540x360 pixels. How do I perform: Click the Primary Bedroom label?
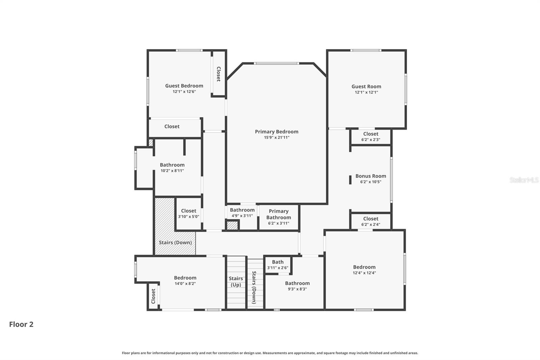point(276,132)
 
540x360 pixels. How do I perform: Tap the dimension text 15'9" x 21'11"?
point(276,137)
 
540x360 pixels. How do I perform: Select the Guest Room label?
point(366,86)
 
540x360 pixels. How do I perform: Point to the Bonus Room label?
point(371,176)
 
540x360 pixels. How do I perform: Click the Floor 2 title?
point(21,324)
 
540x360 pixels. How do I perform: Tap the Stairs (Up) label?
point(236,281)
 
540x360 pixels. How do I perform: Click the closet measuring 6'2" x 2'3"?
point(371,136)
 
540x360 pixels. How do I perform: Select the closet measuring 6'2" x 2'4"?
point(371,221)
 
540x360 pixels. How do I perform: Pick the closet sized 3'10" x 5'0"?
point(188,213)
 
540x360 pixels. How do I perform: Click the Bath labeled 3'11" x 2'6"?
point(278,264)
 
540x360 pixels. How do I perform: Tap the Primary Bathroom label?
point(278,214)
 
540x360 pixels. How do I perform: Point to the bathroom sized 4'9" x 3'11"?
point(242,212)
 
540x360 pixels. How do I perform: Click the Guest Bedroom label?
point(184,86)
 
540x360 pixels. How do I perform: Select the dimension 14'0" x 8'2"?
point(185,284)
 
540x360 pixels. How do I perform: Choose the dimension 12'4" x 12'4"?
point(364,273)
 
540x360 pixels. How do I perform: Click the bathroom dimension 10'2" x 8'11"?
point(172,171)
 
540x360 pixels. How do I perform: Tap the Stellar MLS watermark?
point(524,180)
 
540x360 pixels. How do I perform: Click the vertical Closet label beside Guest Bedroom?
point(218,74)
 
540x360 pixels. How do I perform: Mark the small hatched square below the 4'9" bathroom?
point(232,225)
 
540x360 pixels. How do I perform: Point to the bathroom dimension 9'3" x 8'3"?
point(297,289)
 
